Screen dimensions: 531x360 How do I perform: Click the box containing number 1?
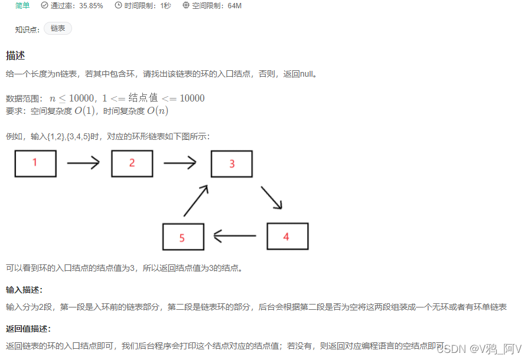(x=35, y=163)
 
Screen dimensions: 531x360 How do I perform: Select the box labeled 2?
(x=132, y=163)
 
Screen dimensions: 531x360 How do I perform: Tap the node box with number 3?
(x=232, y=164)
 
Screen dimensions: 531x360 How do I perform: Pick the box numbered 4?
(x=287, y=236)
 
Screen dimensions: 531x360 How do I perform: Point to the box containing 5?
(x=183, y=237)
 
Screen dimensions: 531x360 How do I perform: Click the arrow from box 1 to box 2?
(x=83, y=163)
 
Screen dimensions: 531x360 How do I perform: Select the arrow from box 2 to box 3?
(x=180, y=163)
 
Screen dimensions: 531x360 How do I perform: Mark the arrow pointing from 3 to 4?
(x=271, y=198)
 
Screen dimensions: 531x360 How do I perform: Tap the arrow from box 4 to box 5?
(x=234, y=237)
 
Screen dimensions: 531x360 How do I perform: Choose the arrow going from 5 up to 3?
(x=196, y=201)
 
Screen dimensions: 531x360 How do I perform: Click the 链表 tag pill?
(x=58, y=28)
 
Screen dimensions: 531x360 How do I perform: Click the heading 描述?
(x=15, y=55)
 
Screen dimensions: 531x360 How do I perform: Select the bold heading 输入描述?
(x=24, y=290)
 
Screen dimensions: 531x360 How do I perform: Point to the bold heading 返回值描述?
(x=28, y=329)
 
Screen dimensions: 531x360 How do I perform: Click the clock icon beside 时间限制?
(x=118, y=6)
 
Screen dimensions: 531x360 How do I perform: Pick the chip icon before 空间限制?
(x=186, y=6)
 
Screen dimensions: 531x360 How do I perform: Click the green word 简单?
(x=23, y=6)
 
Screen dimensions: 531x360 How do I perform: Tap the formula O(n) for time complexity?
(x=158, y=111)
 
